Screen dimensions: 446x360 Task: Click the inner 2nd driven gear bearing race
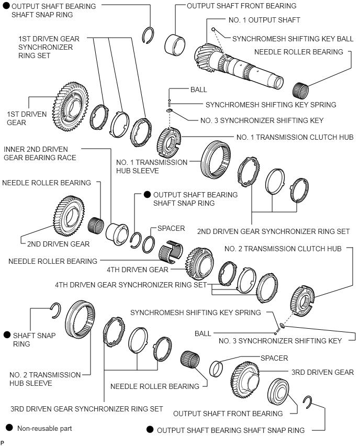pyautogui.click(x=117, y=230)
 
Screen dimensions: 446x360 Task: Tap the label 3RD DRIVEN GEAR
pyautogui.click(x=322, y=372)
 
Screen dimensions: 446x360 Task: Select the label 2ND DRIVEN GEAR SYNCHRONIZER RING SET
pyautogui.click(x=273, y=231)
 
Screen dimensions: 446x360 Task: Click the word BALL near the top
pyautogui.click(x=199, y=90)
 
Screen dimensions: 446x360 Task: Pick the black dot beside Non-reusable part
pyautogui.click(x=8, y=428)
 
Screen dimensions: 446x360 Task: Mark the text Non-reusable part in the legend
pyautogui.click(x=44, y=428)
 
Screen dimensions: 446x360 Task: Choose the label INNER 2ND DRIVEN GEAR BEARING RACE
pyautogui.click(x=40, y=153)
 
